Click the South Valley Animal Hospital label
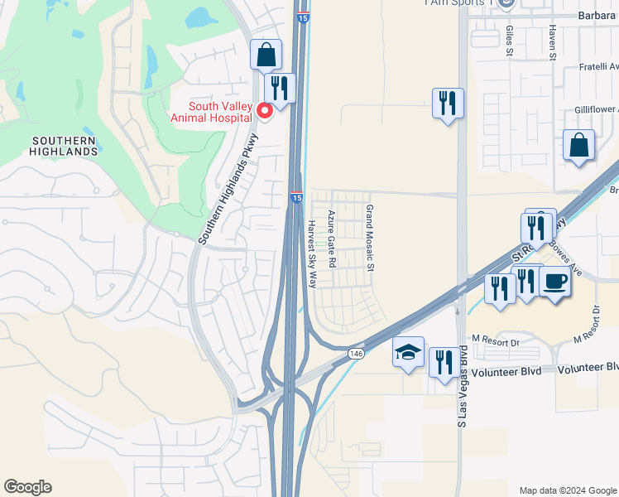[219, 112]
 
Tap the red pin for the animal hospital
[266, 110]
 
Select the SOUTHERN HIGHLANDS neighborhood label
[63, 147]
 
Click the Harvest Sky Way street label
[312, 254]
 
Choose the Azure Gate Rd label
[331, 238]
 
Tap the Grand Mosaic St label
[370, 238]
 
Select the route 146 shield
[356, 354]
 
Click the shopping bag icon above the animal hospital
[266, 55]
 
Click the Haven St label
[552, 36]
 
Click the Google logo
[27, 487]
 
